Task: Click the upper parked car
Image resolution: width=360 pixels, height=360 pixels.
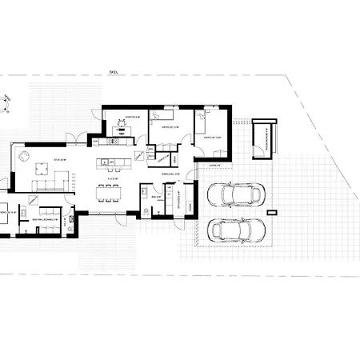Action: click(235, 194)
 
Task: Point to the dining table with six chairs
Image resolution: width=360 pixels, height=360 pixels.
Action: click(110, 190)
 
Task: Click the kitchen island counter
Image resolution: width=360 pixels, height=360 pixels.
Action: click(112, 163)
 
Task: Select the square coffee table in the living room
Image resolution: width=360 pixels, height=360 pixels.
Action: click(40, 169)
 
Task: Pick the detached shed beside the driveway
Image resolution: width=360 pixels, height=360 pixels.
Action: click(262, 140)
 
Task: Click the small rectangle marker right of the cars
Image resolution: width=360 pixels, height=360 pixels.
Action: click(273, 212)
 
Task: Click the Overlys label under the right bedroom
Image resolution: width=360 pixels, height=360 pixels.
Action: click(214, 166)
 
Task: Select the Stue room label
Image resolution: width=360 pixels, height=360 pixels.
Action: click(37, 160)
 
